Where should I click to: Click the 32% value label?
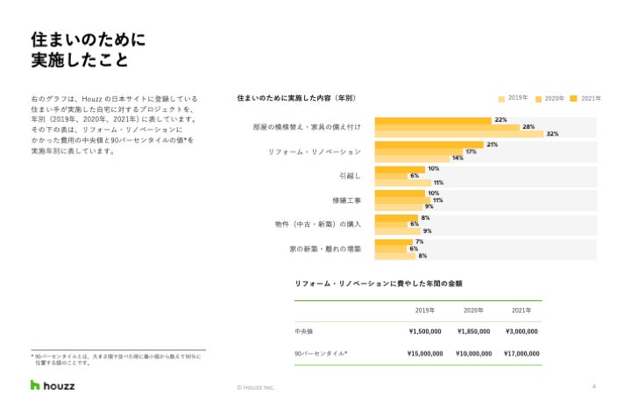(x=552, y=134)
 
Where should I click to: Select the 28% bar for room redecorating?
(x=447, y=127)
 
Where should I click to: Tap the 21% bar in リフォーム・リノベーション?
(x=429, y=144)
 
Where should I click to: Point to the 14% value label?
(x=457, y=158)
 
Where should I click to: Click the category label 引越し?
(x=349, y=176)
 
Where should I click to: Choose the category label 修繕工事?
(x=346, y=200)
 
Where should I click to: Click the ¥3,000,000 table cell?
(x=522, y=332)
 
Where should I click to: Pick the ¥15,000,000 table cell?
(x=425, y=354)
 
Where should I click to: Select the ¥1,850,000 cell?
(x=473, y=332)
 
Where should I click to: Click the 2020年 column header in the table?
(x=473, y=310)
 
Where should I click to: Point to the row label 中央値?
(x=304, y=332)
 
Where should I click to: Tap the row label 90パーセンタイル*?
(x=321, y=354)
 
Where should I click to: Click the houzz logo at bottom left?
(x=53, y=385)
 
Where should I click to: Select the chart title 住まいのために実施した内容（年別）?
(x=296, y=98)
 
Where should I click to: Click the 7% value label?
(x=419, y=242)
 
